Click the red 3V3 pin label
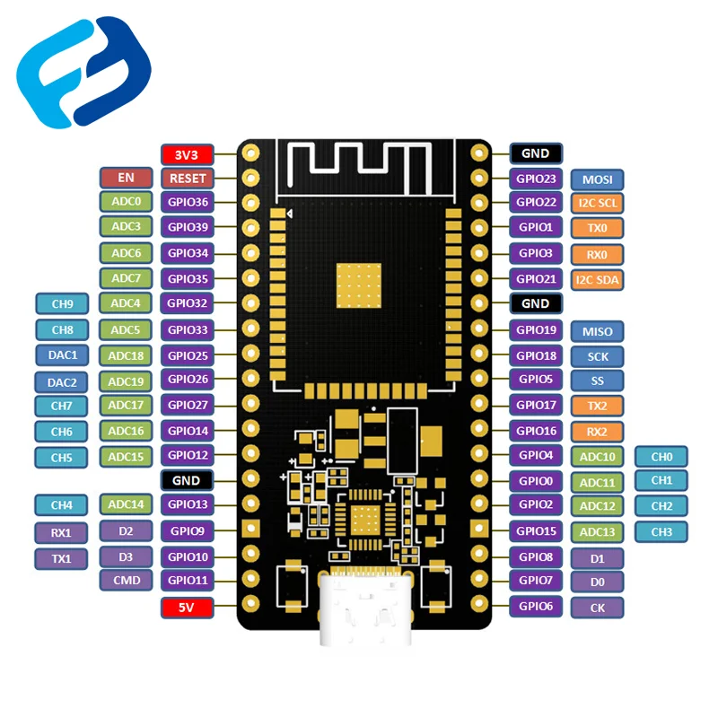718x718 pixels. (187, 153)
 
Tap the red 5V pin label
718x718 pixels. (187, 608)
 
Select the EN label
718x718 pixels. (127, 178)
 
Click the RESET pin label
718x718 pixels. (187, 178)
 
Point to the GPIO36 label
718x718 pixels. (187, 203)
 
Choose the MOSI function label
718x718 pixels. (598, 179)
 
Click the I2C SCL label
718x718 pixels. (598, 203)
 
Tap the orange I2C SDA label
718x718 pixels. (598, 279)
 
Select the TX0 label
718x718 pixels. (598, 228)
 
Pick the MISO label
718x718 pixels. (598, 331)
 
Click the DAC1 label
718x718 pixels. (62, 355)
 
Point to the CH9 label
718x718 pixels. (62, 304)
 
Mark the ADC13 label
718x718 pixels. (598, 531)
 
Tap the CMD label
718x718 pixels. (127, 581)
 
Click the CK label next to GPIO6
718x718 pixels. (598, 608)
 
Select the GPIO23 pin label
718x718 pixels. (536, 179)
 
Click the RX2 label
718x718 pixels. (598, 432)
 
